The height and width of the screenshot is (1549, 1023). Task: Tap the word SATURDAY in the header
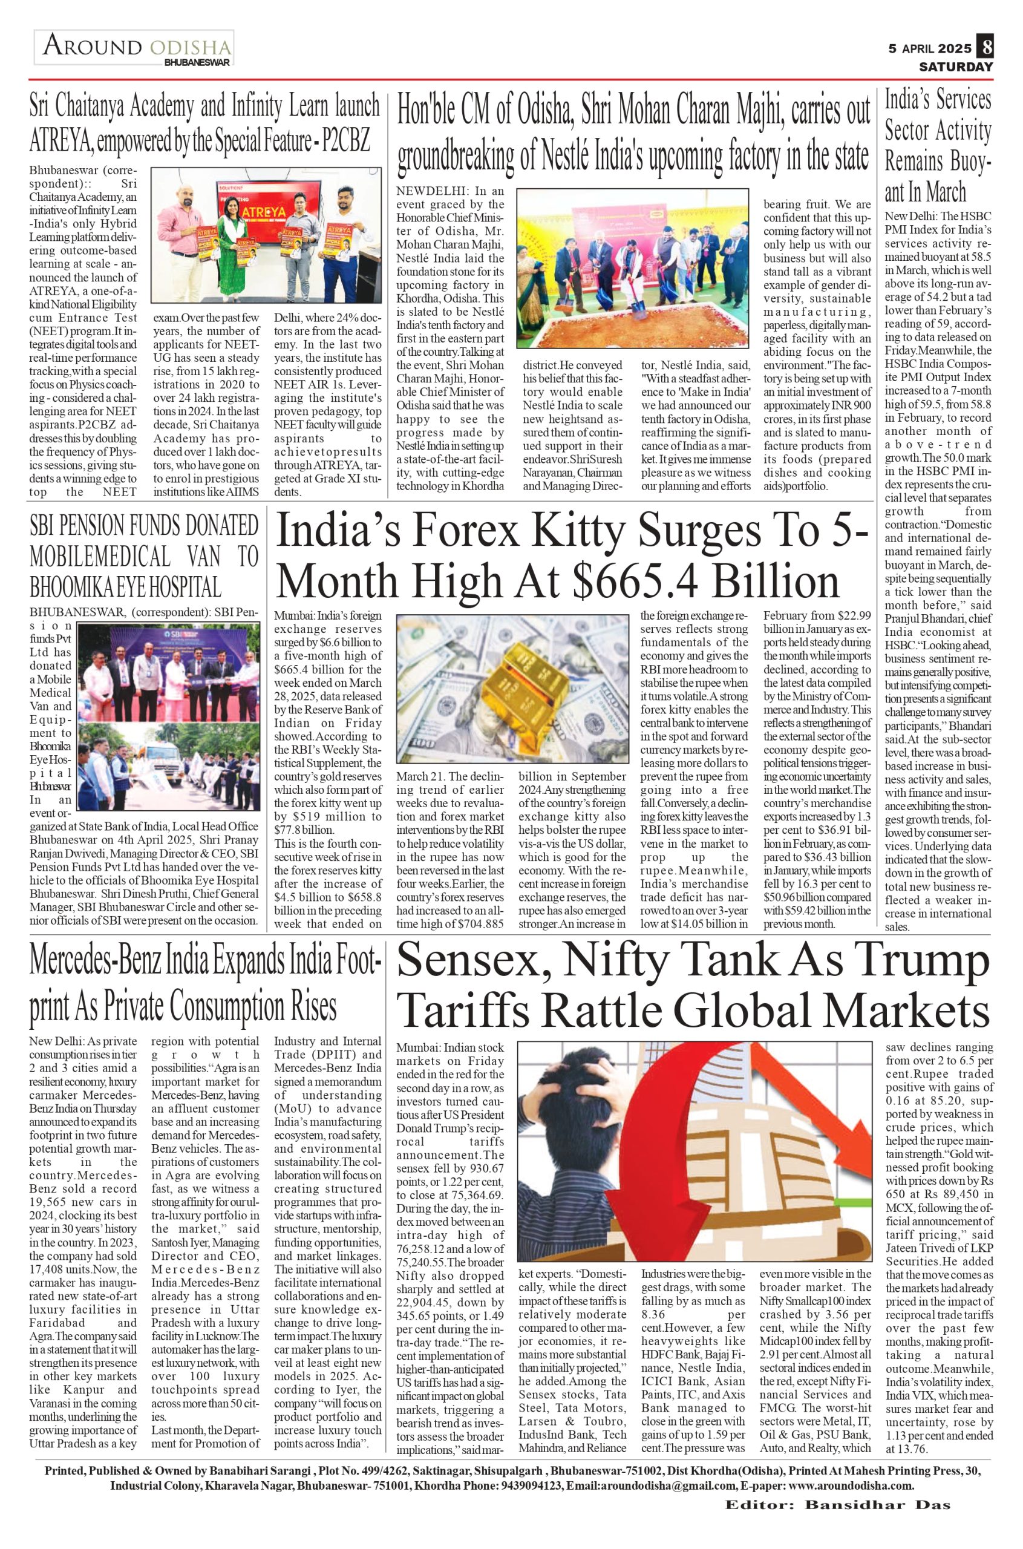[x=956, y=67]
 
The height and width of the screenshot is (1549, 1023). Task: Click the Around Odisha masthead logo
[x=134, y=48]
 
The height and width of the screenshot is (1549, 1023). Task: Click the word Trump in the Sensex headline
[x=920, y=961]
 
